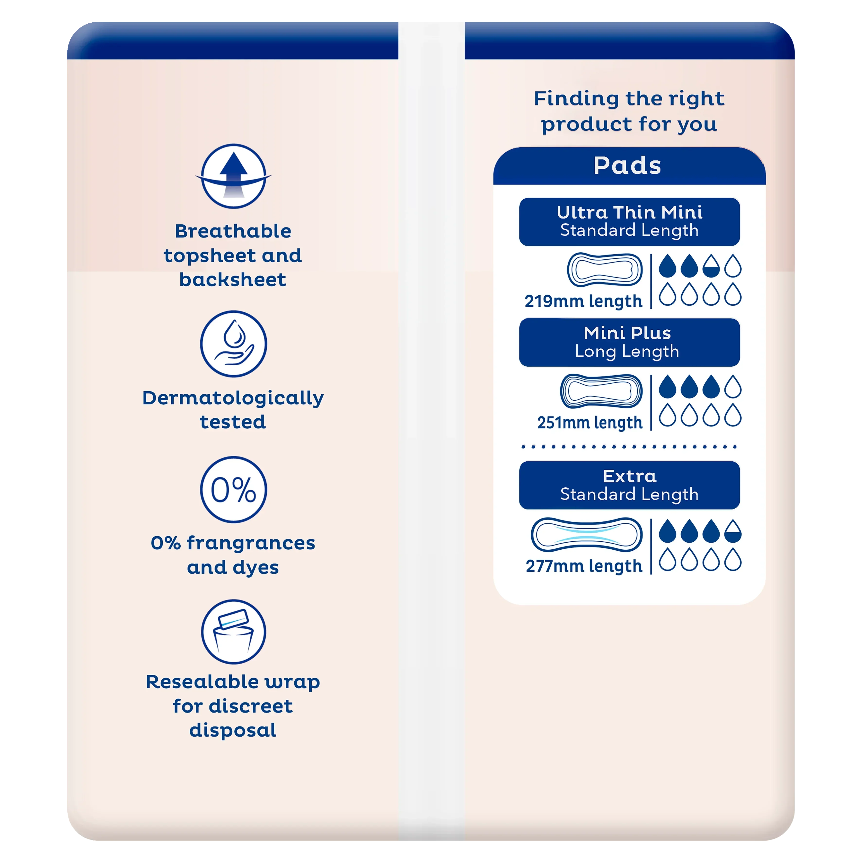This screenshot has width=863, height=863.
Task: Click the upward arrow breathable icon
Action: point(234,176)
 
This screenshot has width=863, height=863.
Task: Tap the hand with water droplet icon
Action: point(234,344)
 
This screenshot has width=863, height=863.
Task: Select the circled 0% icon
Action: point(234,490)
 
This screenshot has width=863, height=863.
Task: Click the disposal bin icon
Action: point(234,632)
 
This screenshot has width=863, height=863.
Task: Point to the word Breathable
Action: point(233,231)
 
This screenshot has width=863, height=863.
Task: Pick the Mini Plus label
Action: point(628,333)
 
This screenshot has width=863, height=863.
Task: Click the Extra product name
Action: point(630,476)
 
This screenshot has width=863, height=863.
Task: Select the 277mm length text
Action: point(584,566)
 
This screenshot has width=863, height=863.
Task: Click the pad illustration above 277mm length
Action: point(587,535)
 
